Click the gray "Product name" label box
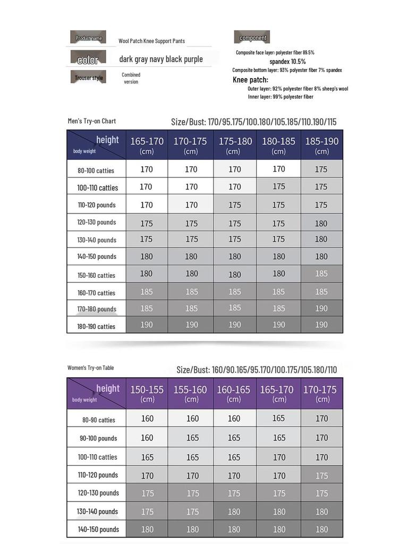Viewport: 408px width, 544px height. [x=88, y=37]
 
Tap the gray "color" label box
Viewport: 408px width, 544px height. [x=88, y=58]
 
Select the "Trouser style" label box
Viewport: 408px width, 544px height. [x=88, y=78]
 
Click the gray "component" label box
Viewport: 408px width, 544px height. [x=252, y=37]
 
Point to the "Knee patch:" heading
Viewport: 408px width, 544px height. [x=250, y=80]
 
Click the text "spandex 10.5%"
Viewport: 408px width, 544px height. [x=287, y=62]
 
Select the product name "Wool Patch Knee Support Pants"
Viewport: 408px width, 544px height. [x=151, y=41]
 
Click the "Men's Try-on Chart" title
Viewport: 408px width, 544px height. [x=92, y=121]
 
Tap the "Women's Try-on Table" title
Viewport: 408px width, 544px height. [x=91, y=368]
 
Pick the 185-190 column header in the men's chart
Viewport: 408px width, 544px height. [x=321, y=144]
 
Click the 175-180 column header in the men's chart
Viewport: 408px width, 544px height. [x=235, y=144]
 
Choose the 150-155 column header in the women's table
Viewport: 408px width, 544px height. [x=147, y=393]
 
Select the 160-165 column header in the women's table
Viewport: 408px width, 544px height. [x=234, y=393]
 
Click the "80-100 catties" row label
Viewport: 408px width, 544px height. [x=96, y=171]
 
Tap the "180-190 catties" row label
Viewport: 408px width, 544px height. [x=96, y=326]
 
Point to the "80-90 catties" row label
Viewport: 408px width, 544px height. [x=99, y=420]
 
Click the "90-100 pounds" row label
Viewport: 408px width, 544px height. [x=98, y=438]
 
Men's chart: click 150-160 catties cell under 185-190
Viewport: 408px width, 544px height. [x=321, y=274]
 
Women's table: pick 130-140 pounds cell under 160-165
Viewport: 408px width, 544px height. [x=234, y=512]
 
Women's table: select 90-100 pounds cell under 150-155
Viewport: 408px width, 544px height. [x=147, y=438]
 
